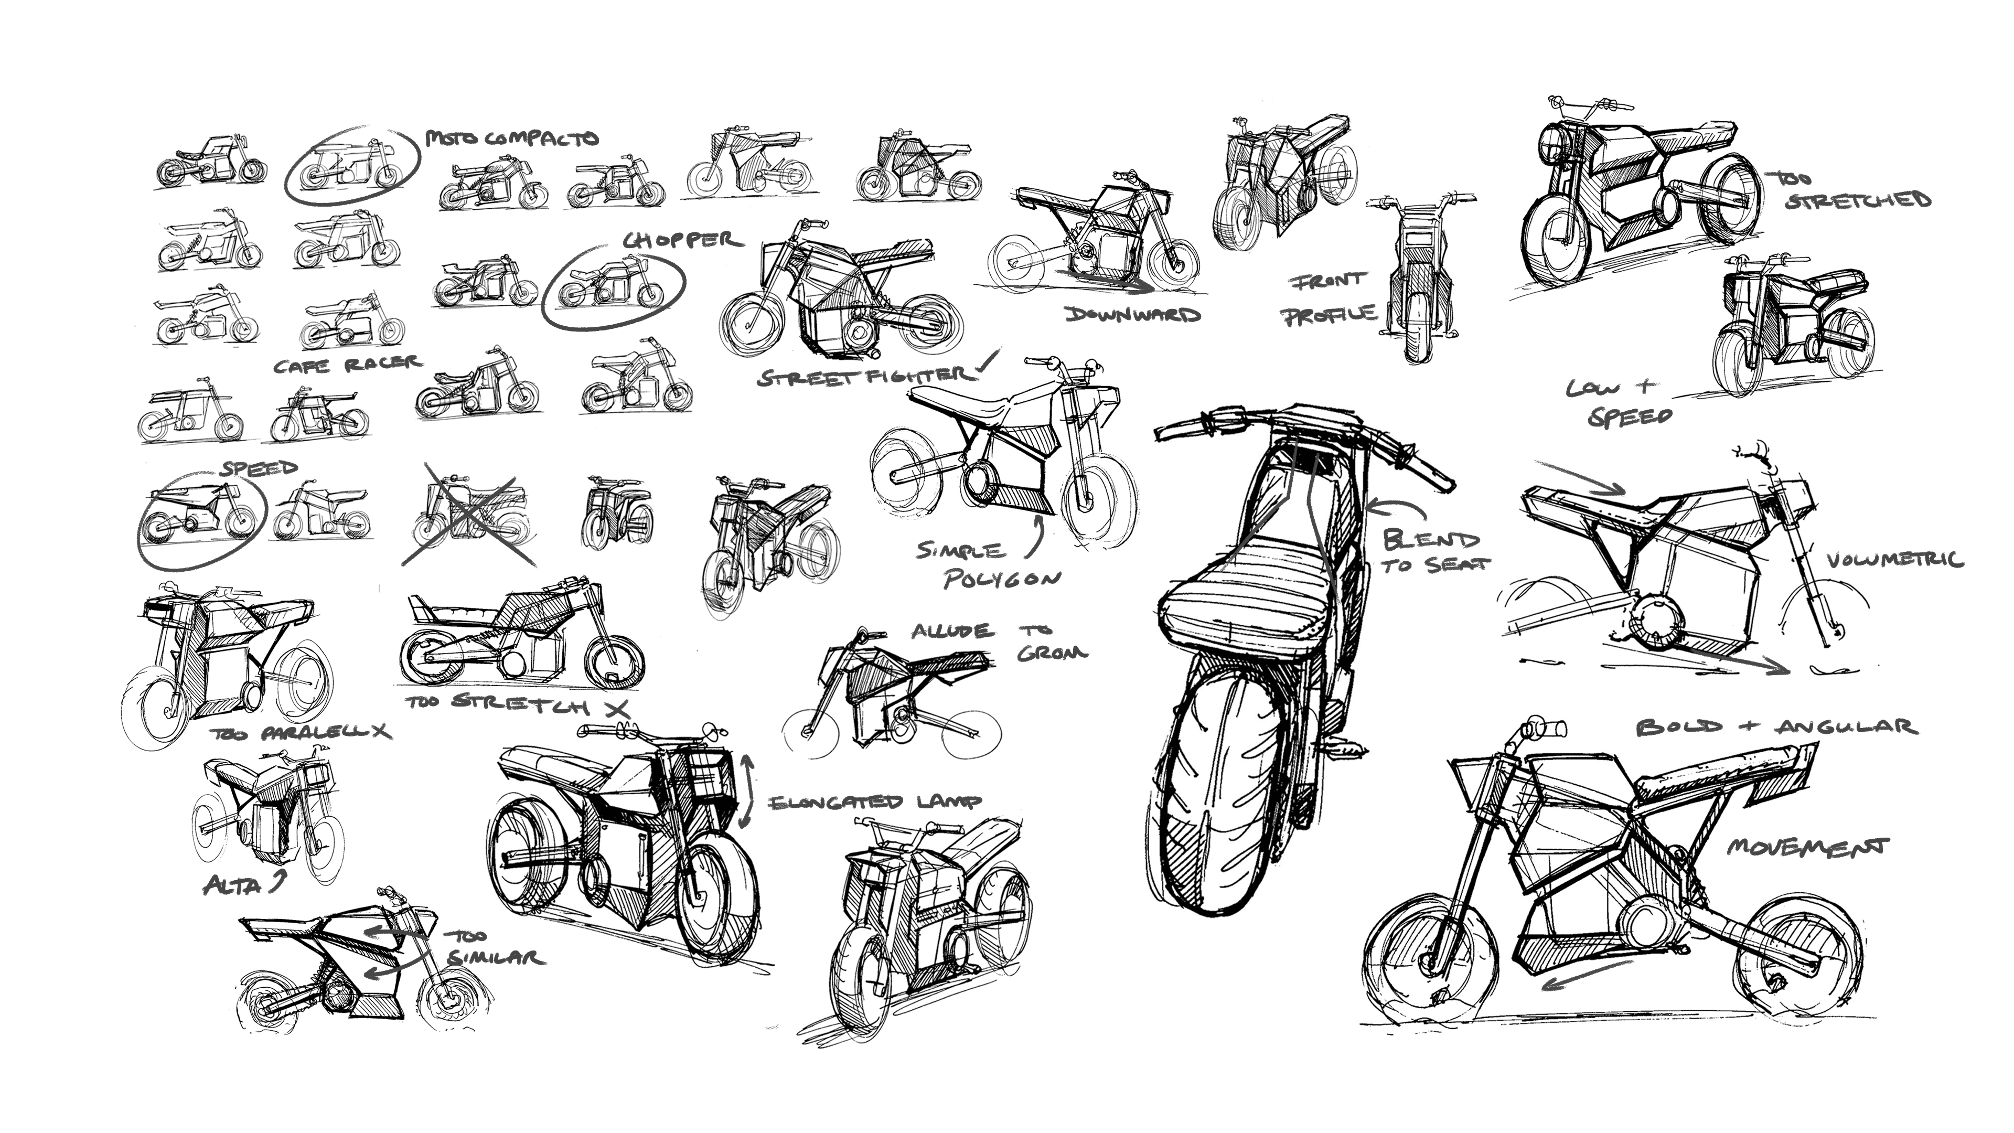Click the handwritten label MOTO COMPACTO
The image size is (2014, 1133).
click(512, 138)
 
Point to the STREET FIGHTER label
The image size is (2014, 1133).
click(864, 377)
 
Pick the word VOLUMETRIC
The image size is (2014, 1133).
click(1895, 560)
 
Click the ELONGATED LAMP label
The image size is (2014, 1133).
click(875, 802)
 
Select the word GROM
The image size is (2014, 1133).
click(1052, 653)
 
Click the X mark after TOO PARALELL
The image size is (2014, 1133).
click(381, 731)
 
